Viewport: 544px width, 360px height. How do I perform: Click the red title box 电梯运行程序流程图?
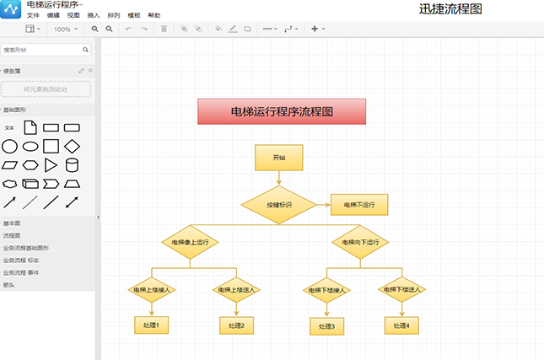282,111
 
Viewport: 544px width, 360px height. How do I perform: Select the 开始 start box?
278,158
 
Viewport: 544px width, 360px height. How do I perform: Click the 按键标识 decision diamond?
278,205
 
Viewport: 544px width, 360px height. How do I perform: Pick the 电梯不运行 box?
359,205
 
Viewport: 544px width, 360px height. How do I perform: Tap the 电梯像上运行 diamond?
191,243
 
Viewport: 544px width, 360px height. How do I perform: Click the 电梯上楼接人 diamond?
152,290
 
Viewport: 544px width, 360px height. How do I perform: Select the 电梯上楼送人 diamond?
236,290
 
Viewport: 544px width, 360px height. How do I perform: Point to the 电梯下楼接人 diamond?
326,291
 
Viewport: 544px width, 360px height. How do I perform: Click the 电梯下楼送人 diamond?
401,290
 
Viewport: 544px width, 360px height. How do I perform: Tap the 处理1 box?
152,324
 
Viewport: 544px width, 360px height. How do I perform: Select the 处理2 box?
236,325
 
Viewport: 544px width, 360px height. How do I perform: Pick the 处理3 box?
326,326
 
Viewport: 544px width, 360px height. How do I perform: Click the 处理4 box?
401,325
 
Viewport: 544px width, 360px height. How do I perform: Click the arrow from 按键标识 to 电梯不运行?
323,205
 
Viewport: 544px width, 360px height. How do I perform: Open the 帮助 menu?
154,16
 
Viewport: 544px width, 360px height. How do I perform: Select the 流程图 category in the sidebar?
12,236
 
